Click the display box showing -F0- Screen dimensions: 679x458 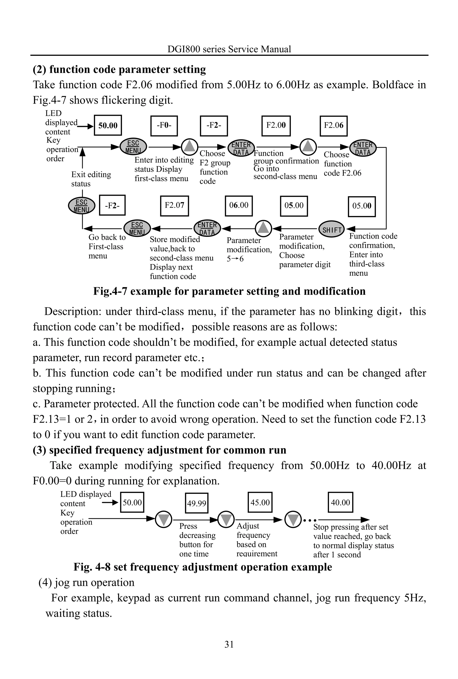164,126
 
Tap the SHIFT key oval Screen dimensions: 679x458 331,229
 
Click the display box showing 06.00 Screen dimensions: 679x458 239,206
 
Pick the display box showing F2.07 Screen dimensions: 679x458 174,206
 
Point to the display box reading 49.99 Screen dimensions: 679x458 197,503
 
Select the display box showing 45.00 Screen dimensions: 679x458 260,502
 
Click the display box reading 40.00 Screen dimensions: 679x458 340,502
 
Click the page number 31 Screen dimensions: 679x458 229,644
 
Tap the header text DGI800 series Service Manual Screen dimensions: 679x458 229,49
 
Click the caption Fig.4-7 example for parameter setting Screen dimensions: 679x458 229,291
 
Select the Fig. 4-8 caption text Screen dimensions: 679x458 203,567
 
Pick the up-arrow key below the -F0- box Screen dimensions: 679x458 190,147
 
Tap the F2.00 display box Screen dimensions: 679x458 276,126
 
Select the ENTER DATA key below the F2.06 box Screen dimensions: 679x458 363,148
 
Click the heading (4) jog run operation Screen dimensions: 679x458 87,582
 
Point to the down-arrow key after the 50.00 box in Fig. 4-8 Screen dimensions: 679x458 163,519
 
